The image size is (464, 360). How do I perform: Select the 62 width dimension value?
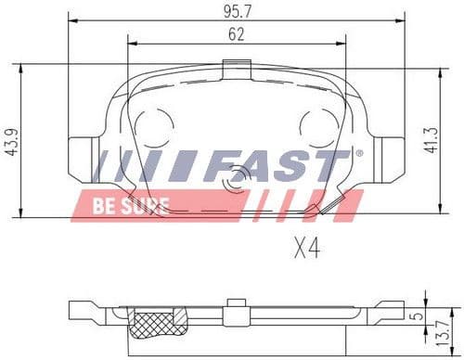pyautogui.click(x=236, y=34)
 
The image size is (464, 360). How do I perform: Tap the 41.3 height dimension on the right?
pyautogui.click(x=455, y=141)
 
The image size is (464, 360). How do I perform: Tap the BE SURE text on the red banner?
pyautogui.click(x=129, y=205)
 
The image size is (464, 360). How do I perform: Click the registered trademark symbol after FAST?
pyautogui.click(x=358, y=153)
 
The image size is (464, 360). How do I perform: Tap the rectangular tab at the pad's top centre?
pyautogui.click(x=238, y=69)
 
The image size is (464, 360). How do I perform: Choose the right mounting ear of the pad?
pyautogui.click(x=389, y=158)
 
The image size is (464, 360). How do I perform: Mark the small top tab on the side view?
pyautogui.click(x=238, y=302)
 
